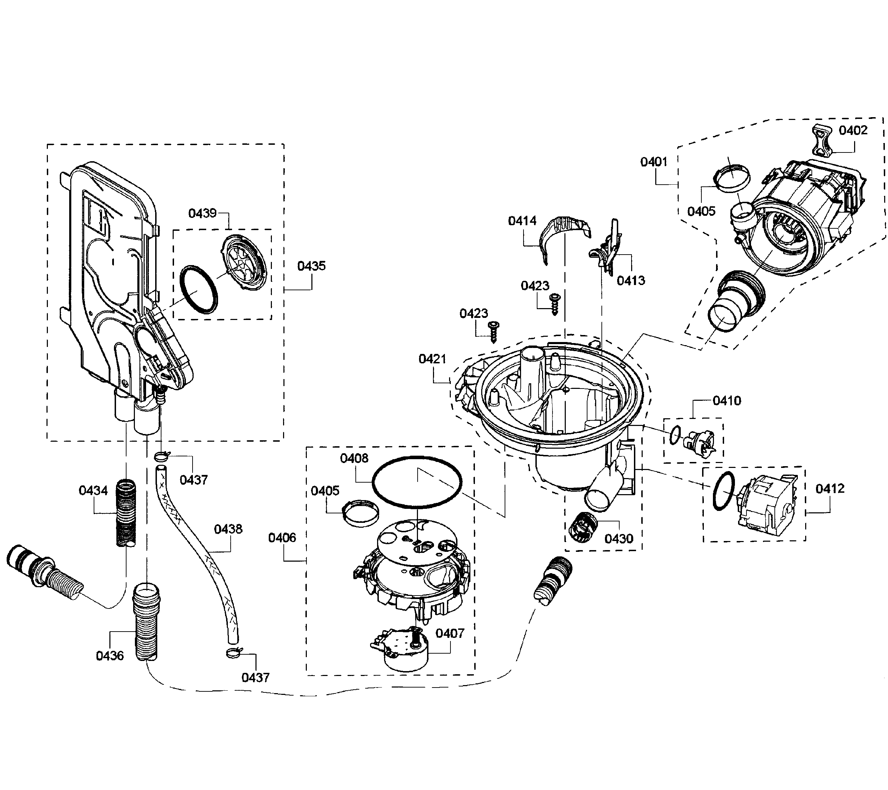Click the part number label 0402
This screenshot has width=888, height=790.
pos(852,130)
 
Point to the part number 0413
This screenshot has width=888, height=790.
pos(630,280)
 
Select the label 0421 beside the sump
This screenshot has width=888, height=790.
pos(432,359)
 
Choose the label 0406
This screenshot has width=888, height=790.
pos(282,538)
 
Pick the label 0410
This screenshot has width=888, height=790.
pos(727,400)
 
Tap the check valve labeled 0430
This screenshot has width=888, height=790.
pos(582,527)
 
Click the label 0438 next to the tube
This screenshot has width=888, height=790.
pos(228,529)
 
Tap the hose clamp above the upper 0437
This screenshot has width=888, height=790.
pos(161,456)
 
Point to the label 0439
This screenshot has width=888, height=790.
pos(202,213)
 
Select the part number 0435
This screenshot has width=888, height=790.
pos(311,266)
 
